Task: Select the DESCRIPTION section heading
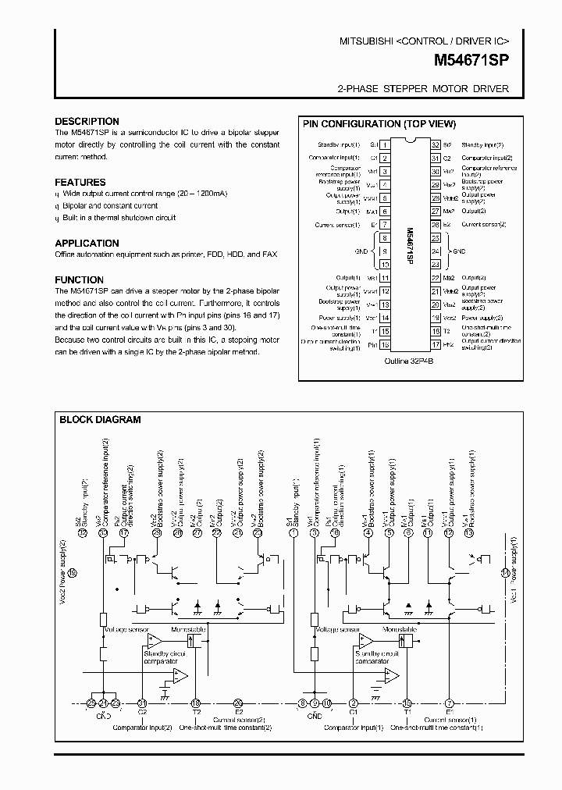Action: pyautogui.click(x=87, y=122)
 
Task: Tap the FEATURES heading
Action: pyautogui.click(x=80, y=182)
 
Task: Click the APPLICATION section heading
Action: pyautogui.click(x=87, y=243)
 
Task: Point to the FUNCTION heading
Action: pyautogui.click(x=79, y=279)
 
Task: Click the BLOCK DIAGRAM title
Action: pyautogui.click(x=100, y=419)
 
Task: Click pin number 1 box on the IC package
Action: pyautogui.click(x=385, y=145)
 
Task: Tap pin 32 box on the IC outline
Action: pyautogui.click(x=435, y=145)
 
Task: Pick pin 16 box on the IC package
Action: pyautogui.click(x=385, y=344)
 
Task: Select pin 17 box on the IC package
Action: pyautogui.click(x=435, y=344)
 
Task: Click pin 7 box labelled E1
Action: pyautogui.click(x=385, y=224)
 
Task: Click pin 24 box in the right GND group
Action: pyautogui.click(x=435, y=251)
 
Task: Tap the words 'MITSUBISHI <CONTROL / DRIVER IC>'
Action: pyautogui.click(x=424, y=40)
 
